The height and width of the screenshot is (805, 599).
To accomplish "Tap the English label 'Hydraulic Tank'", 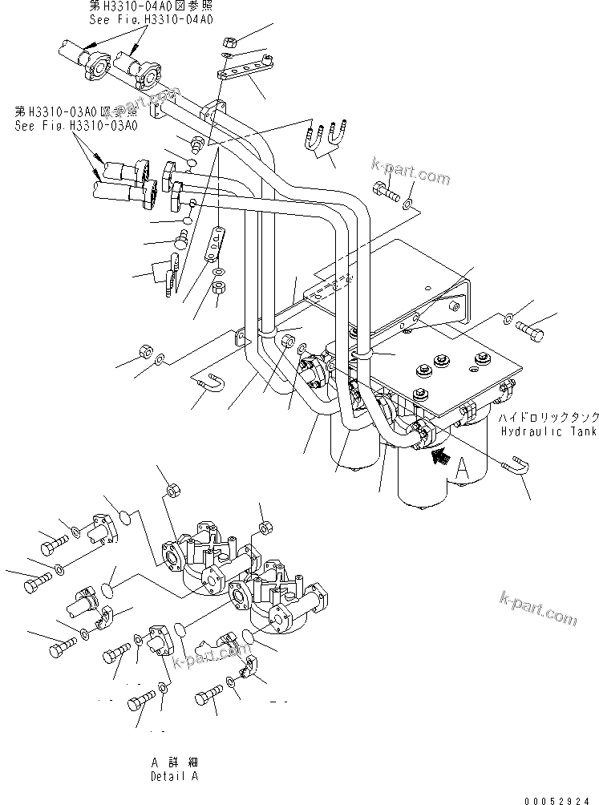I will tap(548, 432).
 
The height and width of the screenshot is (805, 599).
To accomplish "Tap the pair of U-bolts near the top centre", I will tap(326, 136).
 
